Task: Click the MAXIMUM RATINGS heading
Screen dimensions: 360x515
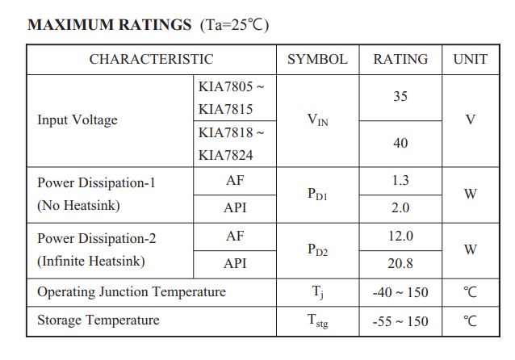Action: coord(109,24)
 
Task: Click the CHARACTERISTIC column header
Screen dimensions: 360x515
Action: coord(151,59)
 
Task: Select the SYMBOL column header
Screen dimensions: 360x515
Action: coord(317,59)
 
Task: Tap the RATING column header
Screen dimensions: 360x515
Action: coord(400,59)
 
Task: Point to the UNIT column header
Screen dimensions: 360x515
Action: coord(471,59)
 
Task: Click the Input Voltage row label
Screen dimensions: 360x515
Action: coord(77,120)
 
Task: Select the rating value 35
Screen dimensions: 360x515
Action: coord(400,97)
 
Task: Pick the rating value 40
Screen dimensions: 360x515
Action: coord(400,143)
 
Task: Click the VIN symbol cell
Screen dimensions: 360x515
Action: coord(317,120)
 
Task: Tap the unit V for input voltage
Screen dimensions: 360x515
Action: coord(471,120)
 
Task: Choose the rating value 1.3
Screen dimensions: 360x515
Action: coord(400,181)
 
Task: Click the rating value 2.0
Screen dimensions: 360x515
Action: coord(400,207)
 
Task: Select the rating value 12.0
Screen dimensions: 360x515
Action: coord(400,236)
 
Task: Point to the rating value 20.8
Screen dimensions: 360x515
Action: coord(400,263)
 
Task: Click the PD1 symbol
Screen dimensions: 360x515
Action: coord(317,195)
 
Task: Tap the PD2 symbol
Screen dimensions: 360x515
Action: coord(317,250)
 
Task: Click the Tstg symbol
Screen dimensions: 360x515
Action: coord(317,321)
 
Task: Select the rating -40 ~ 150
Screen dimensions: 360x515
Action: coord(400,292)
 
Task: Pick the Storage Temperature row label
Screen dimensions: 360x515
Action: coord(98,320)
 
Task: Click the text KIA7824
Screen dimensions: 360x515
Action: coord(226,155)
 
